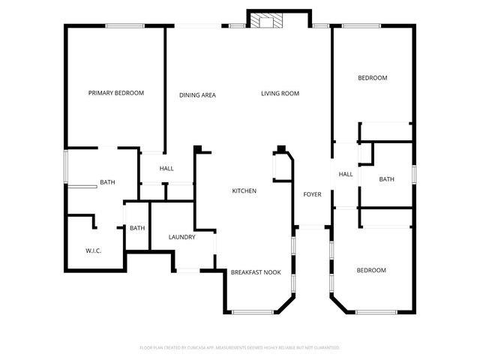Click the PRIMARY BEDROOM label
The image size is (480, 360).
[x=116, y=93]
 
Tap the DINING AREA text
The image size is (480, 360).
[x=198, y=94]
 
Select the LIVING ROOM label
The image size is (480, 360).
[x=280, y=94]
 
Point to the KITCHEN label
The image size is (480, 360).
[x=244, y=191]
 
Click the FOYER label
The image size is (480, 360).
[x=312, y=194]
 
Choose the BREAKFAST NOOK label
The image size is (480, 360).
[x=256, y=272]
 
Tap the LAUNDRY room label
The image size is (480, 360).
[x=182, y=237]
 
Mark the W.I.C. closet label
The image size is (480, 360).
[x=94, y=250]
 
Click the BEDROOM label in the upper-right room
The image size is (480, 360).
[x=372, y=78]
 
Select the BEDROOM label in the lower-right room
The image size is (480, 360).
[x=371, y=270]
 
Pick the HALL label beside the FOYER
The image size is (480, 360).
[x=346, y=175]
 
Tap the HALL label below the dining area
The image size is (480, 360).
[x=166, y=169]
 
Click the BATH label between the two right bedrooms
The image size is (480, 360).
[x=386, y=179]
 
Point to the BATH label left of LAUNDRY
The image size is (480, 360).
[x=137, y=228]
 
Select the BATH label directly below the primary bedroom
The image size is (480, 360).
[x=107, y=182]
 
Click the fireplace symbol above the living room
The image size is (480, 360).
[x=263, y=21]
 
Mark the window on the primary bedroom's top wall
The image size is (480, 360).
[x=124, y=26]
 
